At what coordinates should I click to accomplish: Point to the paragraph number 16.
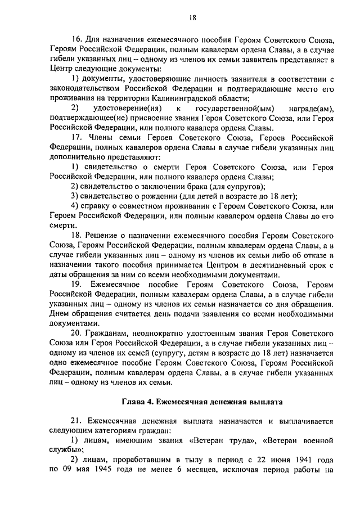pos(77,40)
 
